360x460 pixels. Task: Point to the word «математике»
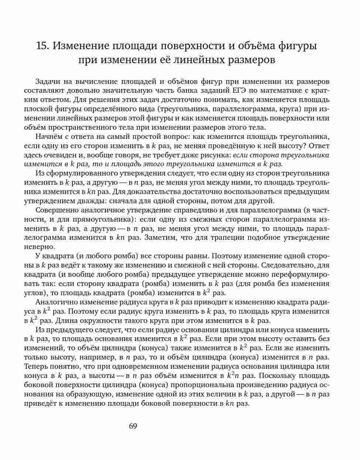287,91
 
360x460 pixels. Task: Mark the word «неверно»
38,246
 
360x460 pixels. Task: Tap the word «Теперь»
35,367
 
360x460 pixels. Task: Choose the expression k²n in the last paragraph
233,375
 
